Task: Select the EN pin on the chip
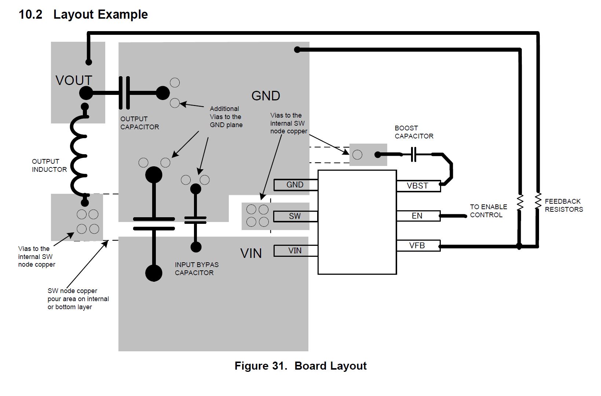tap(418, 216)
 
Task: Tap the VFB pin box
tap(418, 245)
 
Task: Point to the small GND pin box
tap(296, 185)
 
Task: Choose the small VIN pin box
tap(296, 251)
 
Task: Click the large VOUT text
tap(74, 81)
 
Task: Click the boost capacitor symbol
tap(414, 155)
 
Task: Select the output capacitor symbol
tap(124, 93)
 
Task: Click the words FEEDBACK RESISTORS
tap(564, 206)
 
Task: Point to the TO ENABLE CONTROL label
tap(488, 211)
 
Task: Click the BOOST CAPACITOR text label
tap(414, 132)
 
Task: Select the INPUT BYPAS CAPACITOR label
tap(197, 269)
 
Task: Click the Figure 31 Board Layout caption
tap(301, 366)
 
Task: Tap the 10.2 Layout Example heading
tap(83, 14)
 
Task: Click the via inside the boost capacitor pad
tap(357, 155)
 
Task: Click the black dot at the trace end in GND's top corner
tap(297, 49)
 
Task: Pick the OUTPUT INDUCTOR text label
tap(50, 166)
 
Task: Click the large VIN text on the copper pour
tap(251, 253)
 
